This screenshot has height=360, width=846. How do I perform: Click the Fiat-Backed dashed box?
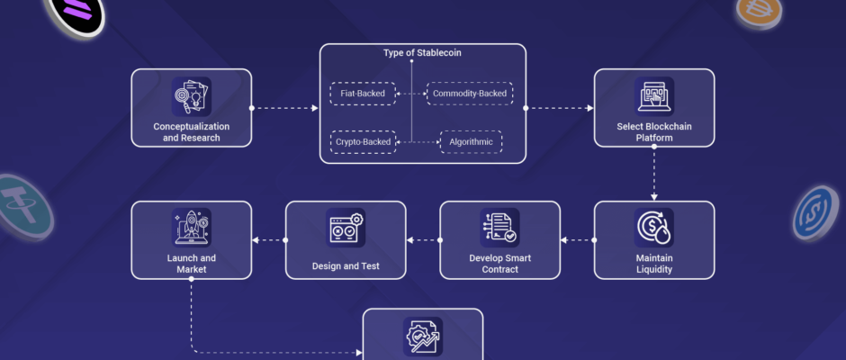click(x=363, y=94)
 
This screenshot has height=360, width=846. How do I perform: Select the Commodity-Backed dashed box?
click(x=470, y=94)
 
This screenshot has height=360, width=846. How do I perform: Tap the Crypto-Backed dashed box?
click(x=363, y=142)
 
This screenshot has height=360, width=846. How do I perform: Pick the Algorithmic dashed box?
click(x=471, y=142)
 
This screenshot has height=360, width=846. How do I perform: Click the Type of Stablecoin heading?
click(x=422, y=53)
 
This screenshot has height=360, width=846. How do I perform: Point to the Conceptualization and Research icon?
click(x=192, y=96)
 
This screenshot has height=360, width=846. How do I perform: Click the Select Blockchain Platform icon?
click(x=654, y=96)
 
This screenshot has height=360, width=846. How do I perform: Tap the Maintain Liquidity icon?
click(x=654, y=228)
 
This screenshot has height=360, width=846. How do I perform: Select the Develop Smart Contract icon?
click(x=499, y=228)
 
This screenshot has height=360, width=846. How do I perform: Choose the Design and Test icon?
click(x=346, y=228)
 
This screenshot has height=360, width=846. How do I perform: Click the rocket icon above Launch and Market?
click(x=192, y=228)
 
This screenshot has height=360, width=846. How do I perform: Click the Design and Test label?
click(x=346, y=266)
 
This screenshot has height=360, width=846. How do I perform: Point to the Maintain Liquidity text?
click(x=654, y=264)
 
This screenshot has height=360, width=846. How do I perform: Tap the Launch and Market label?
click(x=192, y=264)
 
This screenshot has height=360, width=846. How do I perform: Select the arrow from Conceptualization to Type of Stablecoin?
click(x=285, y=108)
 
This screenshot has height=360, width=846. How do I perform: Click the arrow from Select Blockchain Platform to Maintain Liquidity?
click(x=654, y=174)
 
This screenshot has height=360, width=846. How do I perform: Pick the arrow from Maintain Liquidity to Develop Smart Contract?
click(x=578, y=240)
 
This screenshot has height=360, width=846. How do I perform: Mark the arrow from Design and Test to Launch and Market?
click(x=269, y=240)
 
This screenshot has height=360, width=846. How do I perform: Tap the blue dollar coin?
click(x=815, y=213)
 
